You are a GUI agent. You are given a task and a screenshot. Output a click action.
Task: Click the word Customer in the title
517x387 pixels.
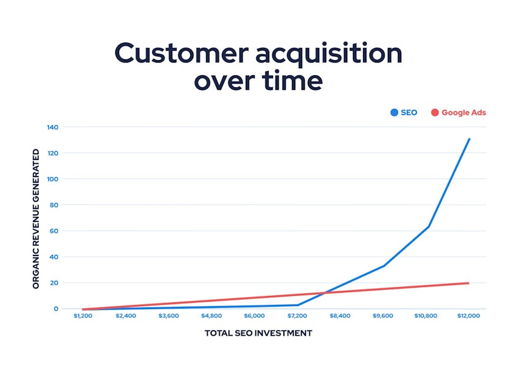click(180, 54)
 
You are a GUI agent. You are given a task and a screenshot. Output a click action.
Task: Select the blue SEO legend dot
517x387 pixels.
click(394, 113)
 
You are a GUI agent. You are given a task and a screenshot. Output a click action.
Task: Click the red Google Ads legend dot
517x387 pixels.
click(435, 113)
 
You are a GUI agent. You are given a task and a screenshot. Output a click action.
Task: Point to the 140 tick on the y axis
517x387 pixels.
click(52, 127)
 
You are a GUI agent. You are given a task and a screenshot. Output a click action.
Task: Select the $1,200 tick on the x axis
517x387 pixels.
click(83, 315)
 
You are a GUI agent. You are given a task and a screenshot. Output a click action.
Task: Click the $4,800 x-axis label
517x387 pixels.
click(212, 315)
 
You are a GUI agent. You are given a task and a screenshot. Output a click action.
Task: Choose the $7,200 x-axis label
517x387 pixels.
click(297, 315)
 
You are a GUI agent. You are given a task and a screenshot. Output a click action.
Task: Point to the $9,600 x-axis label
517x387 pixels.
click(383, 315)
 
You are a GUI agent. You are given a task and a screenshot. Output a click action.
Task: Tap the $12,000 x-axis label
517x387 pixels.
click(468, 315)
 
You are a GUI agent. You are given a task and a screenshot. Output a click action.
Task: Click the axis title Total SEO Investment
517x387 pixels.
click(258, 333)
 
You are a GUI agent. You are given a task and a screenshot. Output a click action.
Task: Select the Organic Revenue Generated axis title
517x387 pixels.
click(36, 219)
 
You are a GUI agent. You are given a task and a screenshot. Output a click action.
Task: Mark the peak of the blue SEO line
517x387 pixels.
click(469, 138)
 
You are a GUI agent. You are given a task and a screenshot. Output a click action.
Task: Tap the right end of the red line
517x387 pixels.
click(469, 283)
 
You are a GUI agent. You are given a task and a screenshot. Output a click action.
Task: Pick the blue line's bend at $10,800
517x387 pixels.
click(429, 226)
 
